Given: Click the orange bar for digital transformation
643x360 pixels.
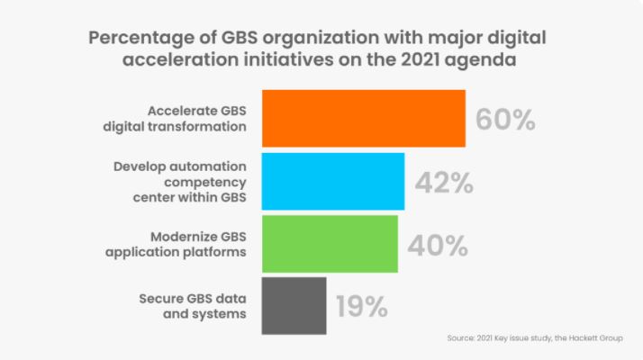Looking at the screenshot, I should pos(364,118).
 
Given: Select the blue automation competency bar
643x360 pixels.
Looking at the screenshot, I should pos(333,181).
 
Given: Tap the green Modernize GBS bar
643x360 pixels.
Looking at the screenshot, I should pos(330,243).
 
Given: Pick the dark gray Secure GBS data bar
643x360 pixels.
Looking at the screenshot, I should pos(294,306).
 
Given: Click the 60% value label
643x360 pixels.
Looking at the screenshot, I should pos(505,120).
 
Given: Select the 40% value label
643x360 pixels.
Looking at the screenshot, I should pos(437,245).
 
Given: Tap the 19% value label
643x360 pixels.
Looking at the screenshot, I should pos(362,307).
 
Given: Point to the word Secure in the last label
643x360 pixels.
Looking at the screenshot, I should pos(162,299).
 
